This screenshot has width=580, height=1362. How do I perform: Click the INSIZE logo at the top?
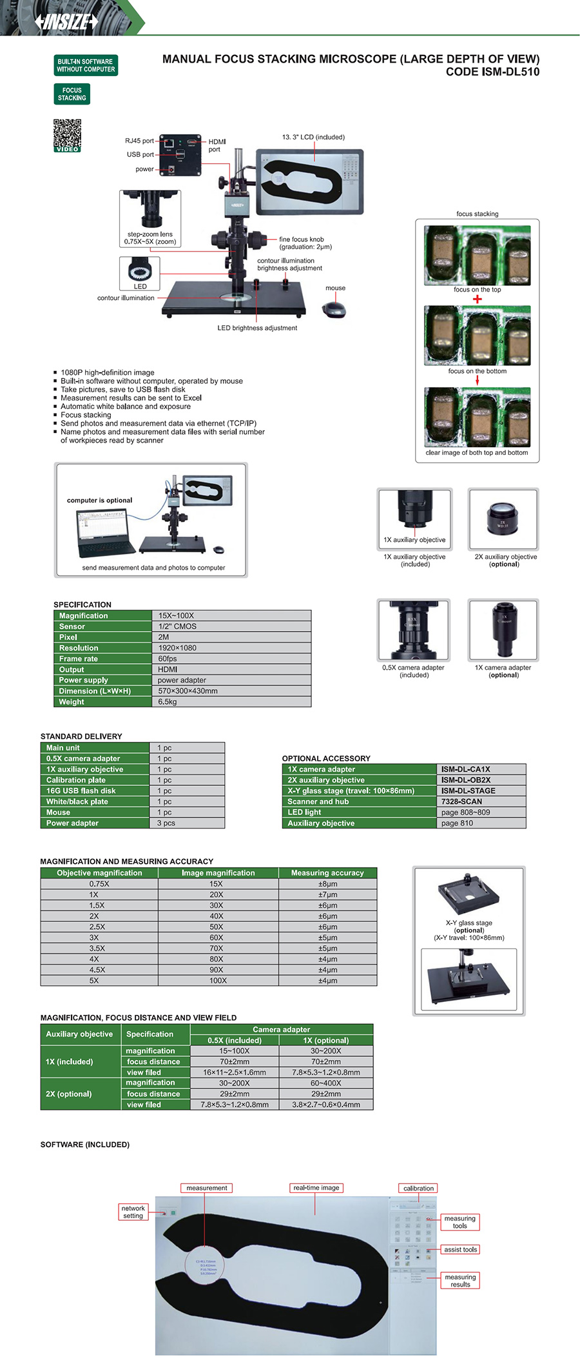(x=67, y=22)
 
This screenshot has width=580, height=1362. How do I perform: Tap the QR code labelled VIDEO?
(x=67, y=135)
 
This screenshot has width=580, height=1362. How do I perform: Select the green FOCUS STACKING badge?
(x=72, y=94)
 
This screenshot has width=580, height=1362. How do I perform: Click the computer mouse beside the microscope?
(x=334, y=310)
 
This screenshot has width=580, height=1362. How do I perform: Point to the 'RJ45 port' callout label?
(x=139, y=141)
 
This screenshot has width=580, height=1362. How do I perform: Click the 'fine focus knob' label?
(x=302, y=239)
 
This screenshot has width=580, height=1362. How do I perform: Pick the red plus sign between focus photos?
(x=477, y=299)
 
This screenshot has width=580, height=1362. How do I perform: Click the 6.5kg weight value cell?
(x=168, y=702)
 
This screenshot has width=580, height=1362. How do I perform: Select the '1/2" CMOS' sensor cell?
(x=177, y=626)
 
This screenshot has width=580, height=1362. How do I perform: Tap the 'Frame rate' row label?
(x=79, y=659)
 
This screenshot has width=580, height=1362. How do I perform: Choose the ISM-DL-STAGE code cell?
(x=469, y=791)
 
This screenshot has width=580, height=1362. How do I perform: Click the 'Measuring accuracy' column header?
(x=327, y=873)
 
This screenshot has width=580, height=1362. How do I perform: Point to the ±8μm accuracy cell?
(x=327, y=884)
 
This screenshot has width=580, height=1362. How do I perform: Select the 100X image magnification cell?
(x=218, y=981)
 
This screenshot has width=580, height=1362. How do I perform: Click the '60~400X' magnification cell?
(x=325, y=1083)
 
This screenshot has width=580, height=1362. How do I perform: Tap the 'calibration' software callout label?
(x=418, y=1188)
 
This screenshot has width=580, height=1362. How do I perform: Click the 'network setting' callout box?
(x=133, y=1212)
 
